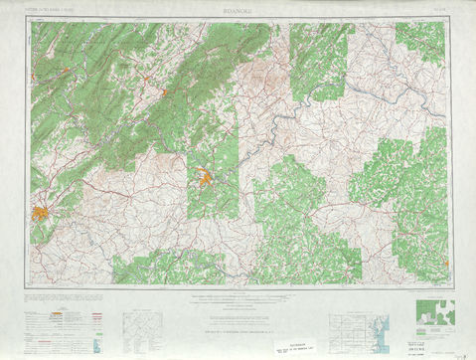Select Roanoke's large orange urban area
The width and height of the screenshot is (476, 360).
pyautogui.click(x=42, y=212)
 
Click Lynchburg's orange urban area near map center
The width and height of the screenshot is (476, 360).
pyautogui.click(x=206, y=179)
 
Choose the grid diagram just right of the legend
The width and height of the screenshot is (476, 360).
pyautogui.click(x=141, y=327)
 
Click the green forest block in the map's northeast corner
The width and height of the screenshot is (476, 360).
pyautogui.click(x=420, y=40)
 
